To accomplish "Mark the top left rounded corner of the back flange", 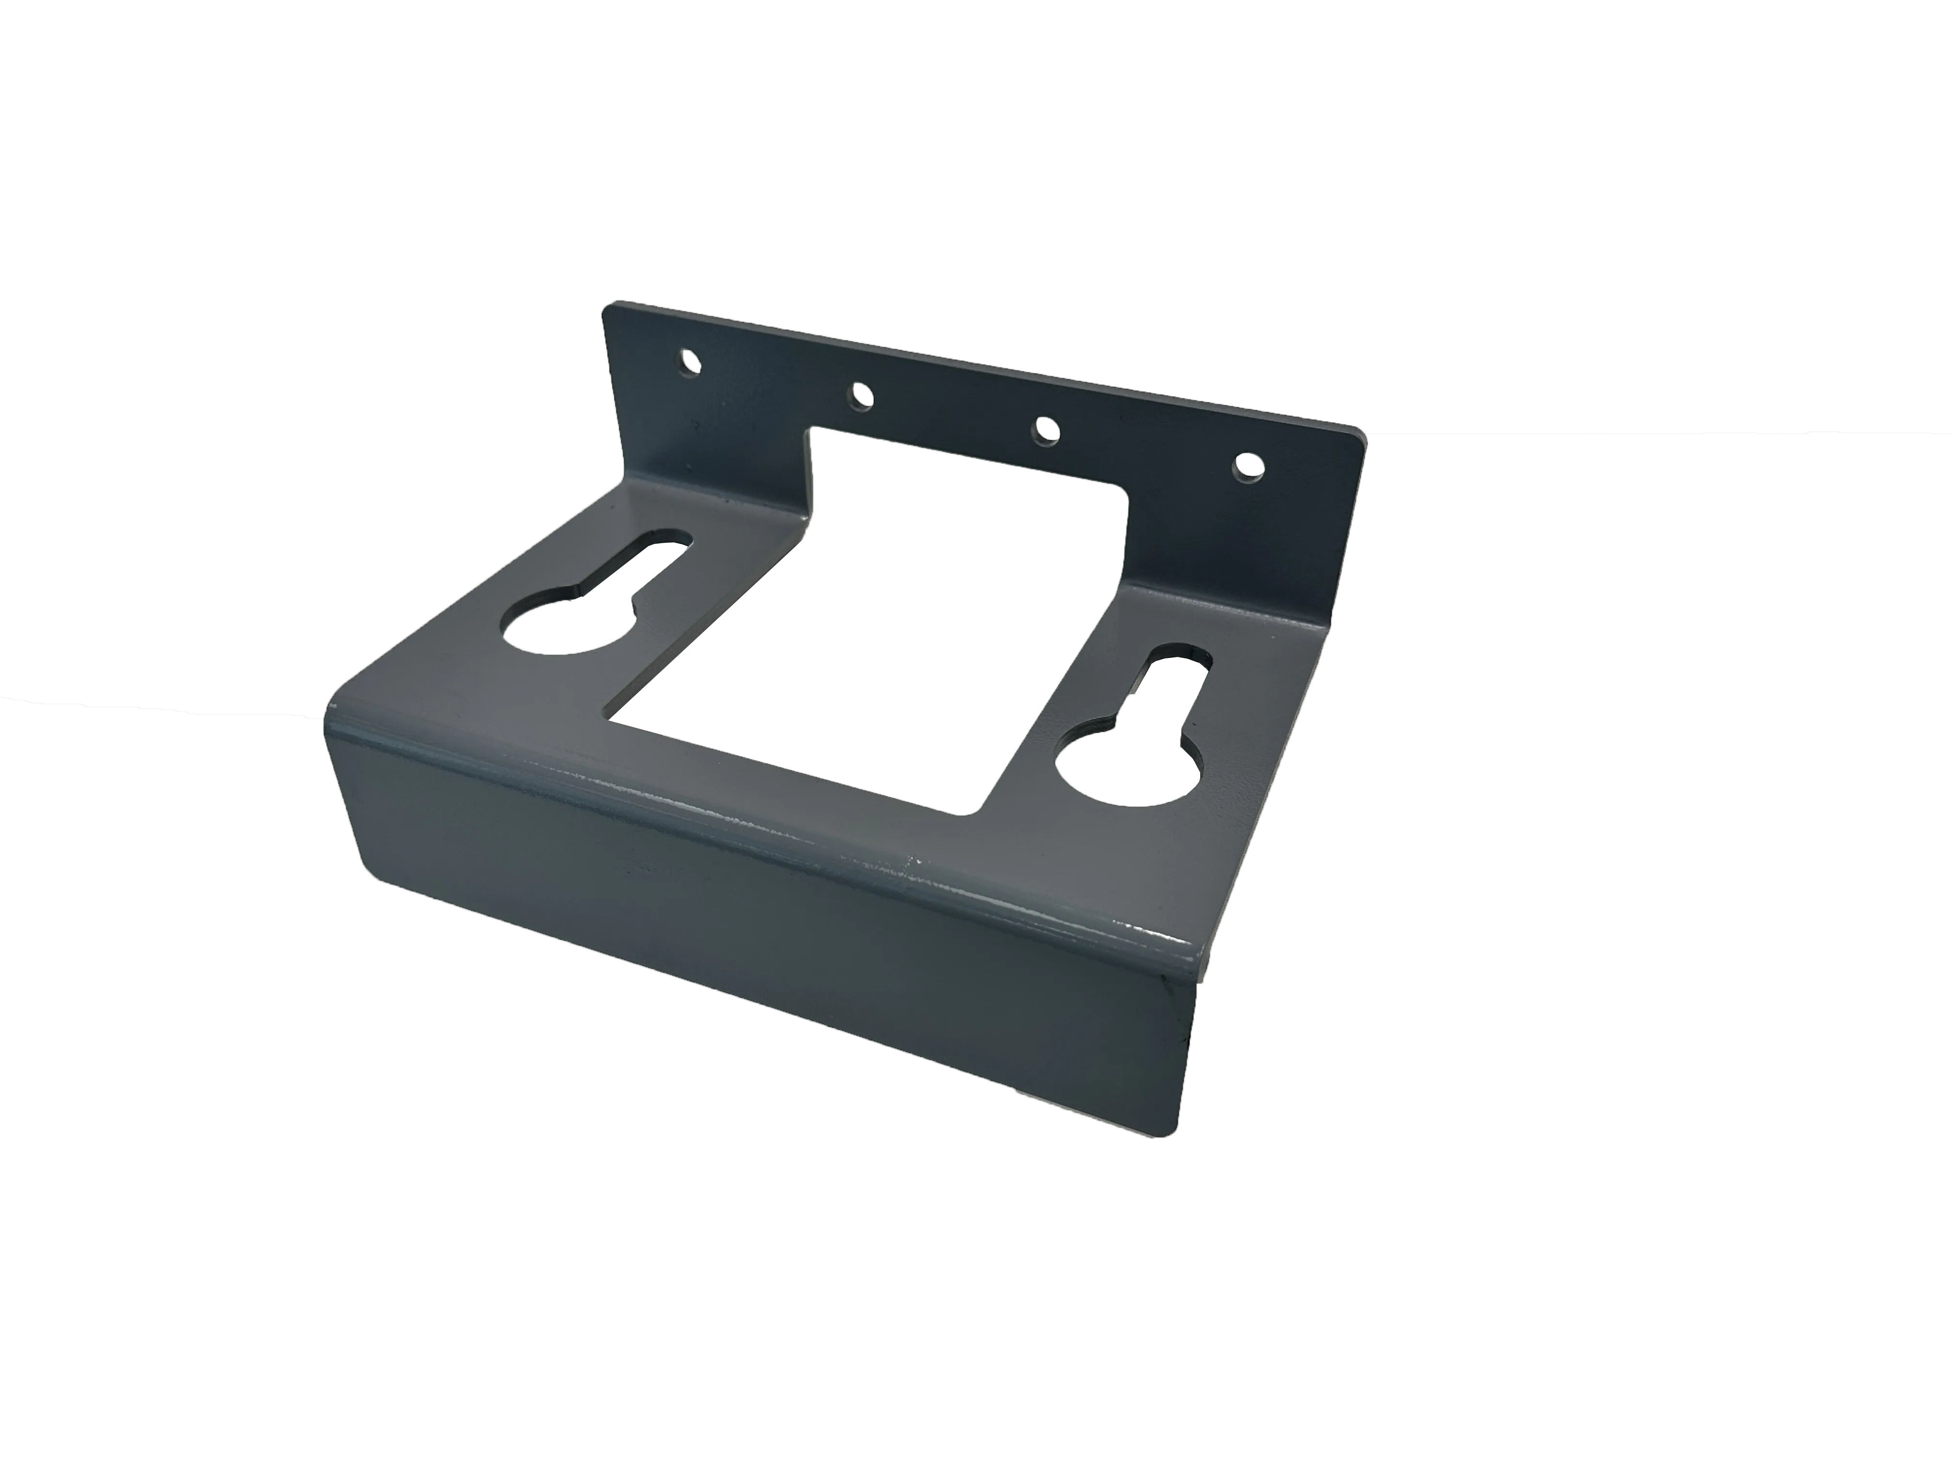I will (609, 306).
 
